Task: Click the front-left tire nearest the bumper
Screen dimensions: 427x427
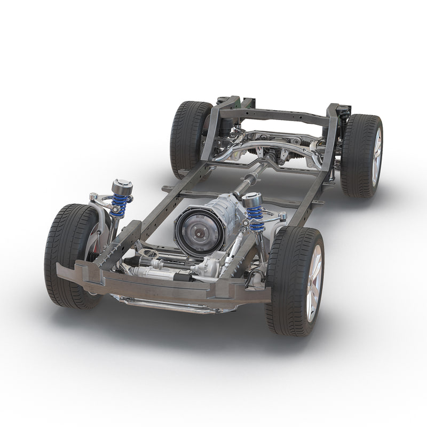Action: coord(67,251)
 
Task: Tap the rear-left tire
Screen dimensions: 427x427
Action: coord(187,136)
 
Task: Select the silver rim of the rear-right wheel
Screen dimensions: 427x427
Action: coord(377,157)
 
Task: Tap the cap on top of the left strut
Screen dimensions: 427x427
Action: coord(122,187)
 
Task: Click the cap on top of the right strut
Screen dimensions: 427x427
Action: coord(252,200)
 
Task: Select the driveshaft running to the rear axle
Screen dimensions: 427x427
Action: coord(251,178)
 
